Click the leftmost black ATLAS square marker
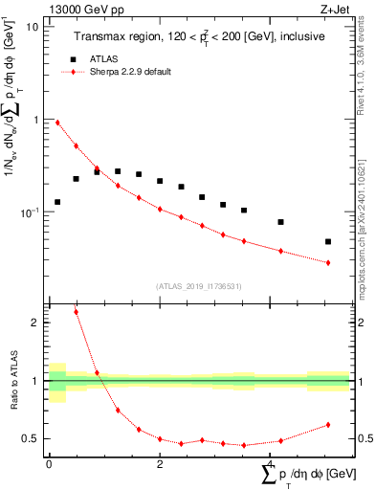pyautogui.click(x=57, y=202)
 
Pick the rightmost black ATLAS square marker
pyautogui.click(x=328, y=242)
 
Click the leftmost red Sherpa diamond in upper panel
pyautogui.click(x=57, y=122)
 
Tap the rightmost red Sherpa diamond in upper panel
pyautogui.click(x=328, y=262)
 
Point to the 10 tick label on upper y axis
pyautogui.click(x=33, y=27)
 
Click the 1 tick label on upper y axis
pyautogui.click(x=35, y=120)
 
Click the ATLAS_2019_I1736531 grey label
pyautogui.click(x=197, y=286)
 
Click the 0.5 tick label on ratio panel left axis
pyautogui.click(x=32, y=438)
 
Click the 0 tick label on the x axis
pyautogui.click(x=49, y=464)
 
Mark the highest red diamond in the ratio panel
pyautogui.click(x=76, y=312)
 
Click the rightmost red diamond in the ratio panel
pyautogui.click(x=328, y=425)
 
